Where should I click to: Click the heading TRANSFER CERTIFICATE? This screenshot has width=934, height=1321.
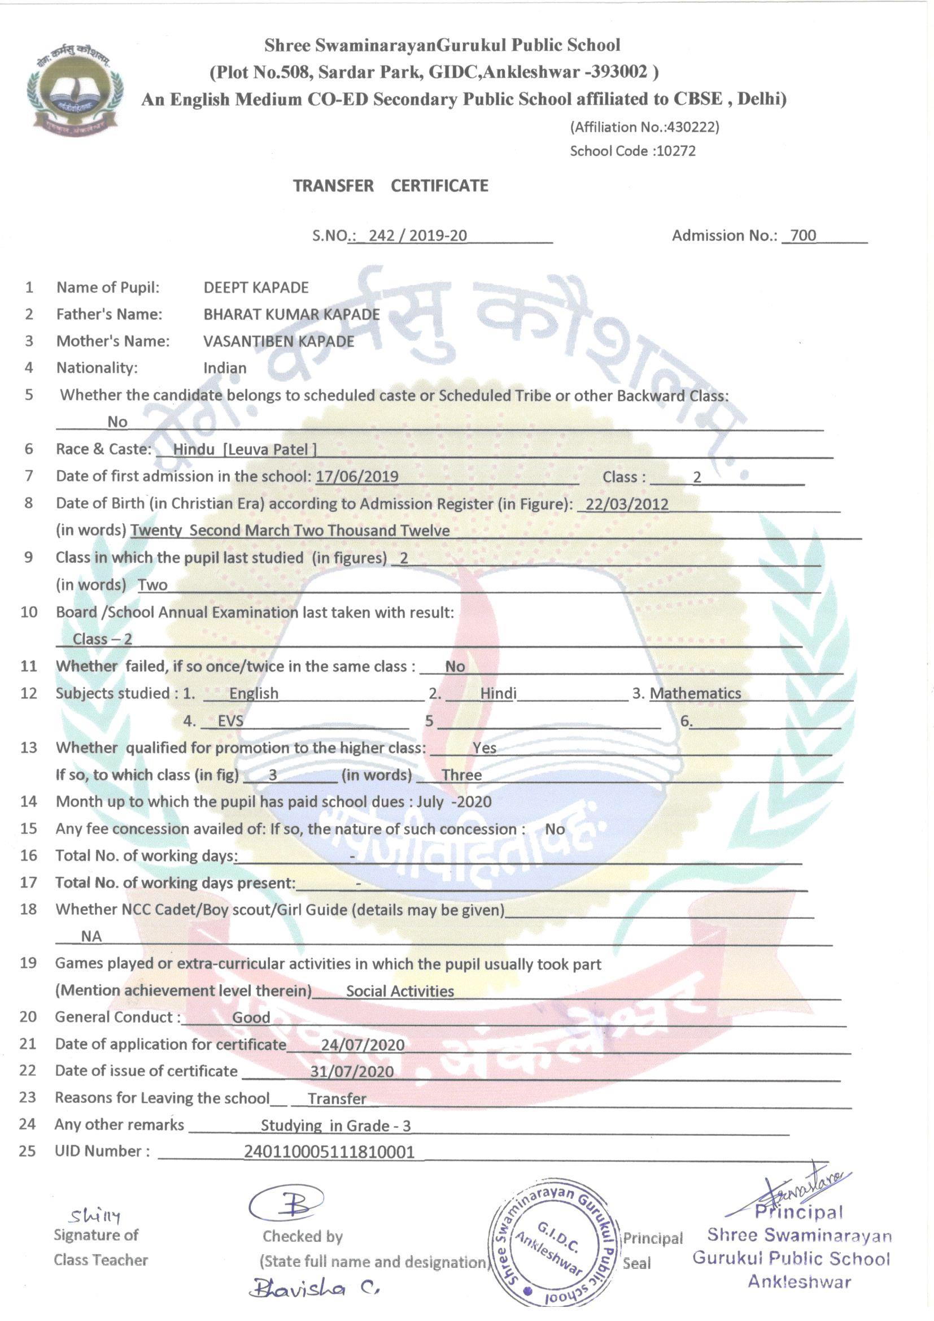(391, 186)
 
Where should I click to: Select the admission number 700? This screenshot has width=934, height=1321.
(803, 235)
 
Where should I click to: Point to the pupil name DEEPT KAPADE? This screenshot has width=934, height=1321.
(256, 288)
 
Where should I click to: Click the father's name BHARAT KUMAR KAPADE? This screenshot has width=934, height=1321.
(291, 315)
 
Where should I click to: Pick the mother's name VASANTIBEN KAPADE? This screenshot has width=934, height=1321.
(278, 342)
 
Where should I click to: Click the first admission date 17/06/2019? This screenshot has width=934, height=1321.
(357, 477)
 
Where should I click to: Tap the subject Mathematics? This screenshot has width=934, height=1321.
(695, 694)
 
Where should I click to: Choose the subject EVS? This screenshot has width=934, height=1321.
(230, 722)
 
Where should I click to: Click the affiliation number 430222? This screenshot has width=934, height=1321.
(695, 127)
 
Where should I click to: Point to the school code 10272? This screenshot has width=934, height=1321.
(676, 151)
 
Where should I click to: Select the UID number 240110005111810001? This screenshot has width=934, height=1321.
(329, 1151)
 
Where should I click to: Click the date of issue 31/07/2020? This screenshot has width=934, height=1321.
(352, 1071)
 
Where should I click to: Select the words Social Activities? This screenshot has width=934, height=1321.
(400, 991)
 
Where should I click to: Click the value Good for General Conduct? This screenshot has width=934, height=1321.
(251, 1017)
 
